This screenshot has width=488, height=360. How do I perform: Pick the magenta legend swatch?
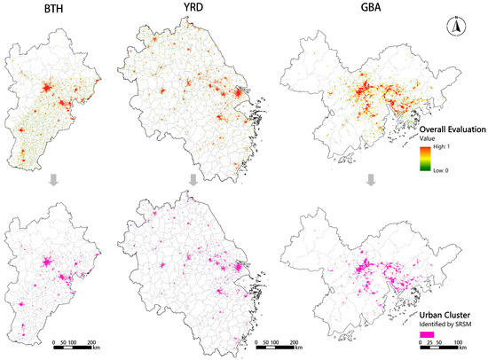[428, 335]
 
